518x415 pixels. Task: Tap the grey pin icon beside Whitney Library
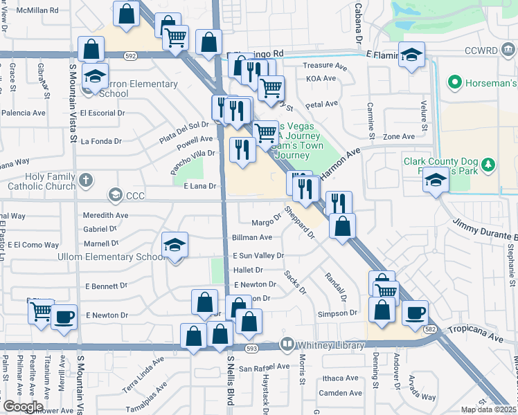click(x=287, y=344)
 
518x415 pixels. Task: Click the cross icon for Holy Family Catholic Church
click(x=86, y=181)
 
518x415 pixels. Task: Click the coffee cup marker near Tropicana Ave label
click(x=415, y=313)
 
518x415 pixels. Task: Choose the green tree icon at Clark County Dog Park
click(x=489, y=165)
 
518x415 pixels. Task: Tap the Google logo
click(x=23, y=407)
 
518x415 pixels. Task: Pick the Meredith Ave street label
click(x=105, y=215)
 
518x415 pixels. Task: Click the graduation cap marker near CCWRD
click(x=411, y=55)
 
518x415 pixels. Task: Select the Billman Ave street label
click(x=252, y=237)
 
